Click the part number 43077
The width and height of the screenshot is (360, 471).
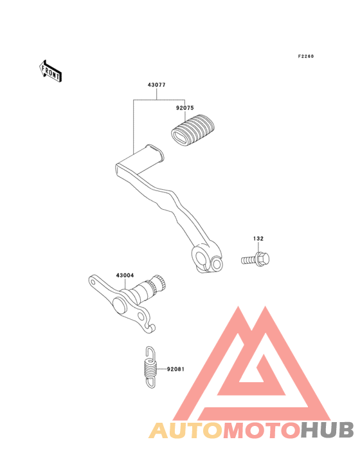click(156, 85)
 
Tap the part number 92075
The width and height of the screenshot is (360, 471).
click(184, 108)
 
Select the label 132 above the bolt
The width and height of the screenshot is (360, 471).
click(258, 239)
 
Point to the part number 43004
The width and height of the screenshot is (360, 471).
click(125, 275)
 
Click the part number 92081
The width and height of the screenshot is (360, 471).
click(175, 369)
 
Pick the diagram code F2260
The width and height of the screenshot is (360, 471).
click(306, 56)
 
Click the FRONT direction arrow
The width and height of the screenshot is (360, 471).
click(50, 71)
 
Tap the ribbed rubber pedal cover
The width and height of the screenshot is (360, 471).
click(193, 130)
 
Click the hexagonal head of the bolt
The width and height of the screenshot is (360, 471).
click(262, 259)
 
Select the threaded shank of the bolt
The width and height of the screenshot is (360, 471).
click(249, 260)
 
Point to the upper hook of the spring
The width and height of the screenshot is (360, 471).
click(150, 352)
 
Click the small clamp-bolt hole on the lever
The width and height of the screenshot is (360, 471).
click(217, 264)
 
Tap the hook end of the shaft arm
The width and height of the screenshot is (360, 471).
click(151, 327)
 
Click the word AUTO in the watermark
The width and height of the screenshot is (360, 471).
click(186, 430)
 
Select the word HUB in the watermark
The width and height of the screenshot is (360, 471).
click(328, 430)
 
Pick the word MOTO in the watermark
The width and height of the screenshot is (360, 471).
click(262, 430)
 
